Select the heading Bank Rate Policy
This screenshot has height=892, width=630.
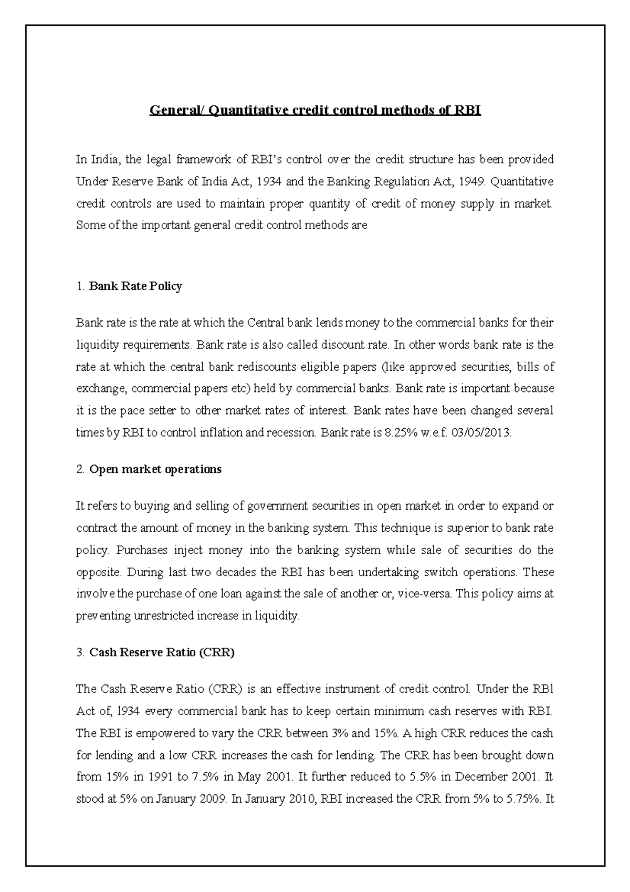coord(135,286)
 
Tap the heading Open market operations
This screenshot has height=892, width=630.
coord(155,469)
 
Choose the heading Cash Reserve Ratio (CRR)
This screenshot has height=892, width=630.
coord(162,652)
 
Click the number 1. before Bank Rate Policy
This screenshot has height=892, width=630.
coord(80,286)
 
